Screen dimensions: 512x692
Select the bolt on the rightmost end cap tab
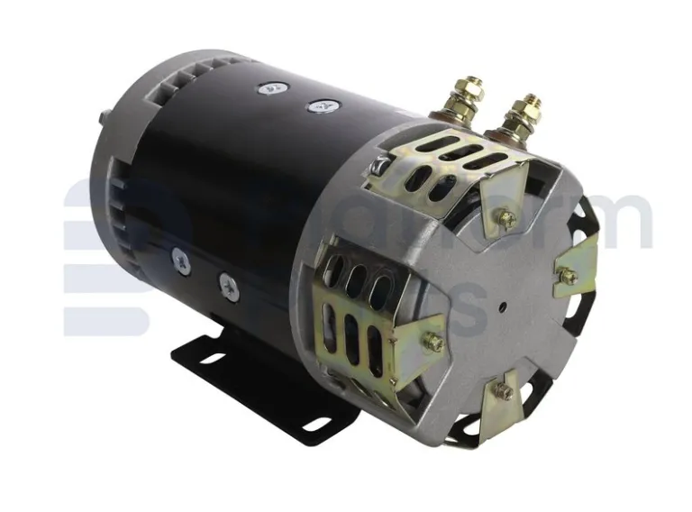tap(568, 277)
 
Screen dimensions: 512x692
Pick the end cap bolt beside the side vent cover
tap(433, 342)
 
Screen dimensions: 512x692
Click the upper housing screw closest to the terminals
tap(317, 106)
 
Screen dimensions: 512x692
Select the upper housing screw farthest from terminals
tap(268, 89)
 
